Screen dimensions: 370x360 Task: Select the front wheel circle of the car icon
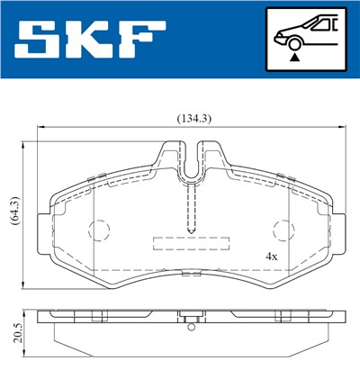[x=292, y=41]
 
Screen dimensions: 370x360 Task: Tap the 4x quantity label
[x=271, y=256]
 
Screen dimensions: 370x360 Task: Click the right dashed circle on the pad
[x=283, y=230]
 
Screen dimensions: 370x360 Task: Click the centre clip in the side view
[x=190, y=317]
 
